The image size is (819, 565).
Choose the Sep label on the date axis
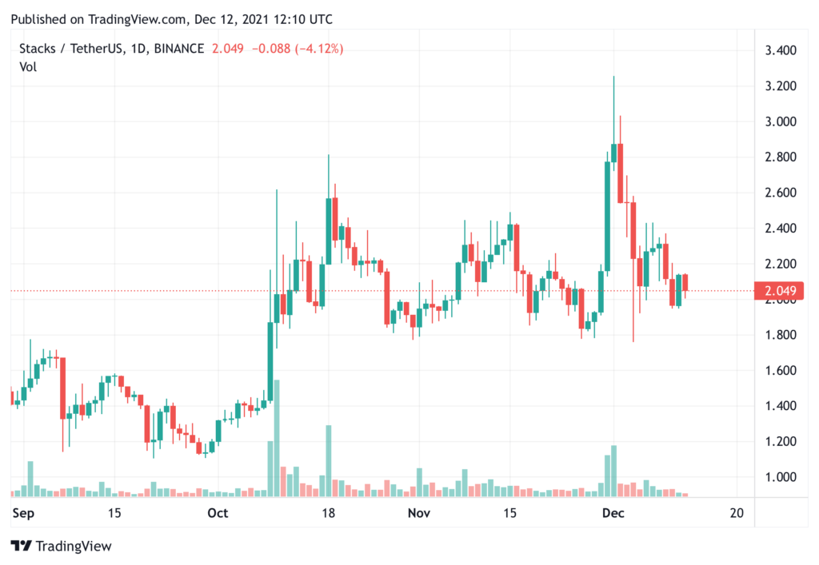point(23,512)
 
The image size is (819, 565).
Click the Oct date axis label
point(218,512)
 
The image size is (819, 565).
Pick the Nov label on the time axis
point(417,512)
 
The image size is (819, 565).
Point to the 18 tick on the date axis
point(327,512)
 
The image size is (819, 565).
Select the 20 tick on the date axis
point(737,512)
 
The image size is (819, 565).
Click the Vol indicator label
point(27,66)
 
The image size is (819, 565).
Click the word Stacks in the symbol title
point(38,50)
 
